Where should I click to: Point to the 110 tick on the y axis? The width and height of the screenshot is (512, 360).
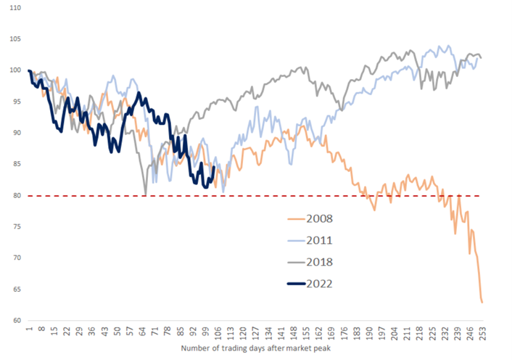[15, 8]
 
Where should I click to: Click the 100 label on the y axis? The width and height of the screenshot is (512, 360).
[15, 70]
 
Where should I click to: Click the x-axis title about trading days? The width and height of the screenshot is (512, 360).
[255, 350]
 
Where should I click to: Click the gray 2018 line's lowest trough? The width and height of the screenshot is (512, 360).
[146, 194]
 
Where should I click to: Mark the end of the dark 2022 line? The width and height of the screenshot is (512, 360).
[213, 167]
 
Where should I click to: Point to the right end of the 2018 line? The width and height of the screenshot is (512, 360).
[482, 57]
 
